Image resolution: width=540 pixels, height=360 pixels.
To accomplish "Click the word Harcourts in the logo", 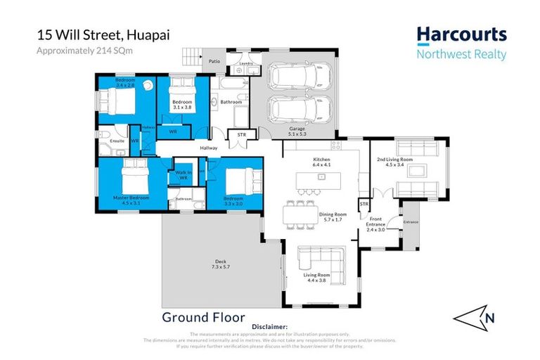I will [461, 35].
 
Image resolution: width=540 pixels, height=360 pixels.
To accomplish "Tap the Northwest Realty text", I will [461, 54].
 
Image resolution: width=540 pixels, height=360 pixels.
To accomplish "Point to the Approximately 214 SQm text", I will [75, 50].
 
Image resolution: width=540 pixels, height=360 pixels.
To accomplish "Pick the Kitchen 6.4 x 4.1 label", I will [321, 162].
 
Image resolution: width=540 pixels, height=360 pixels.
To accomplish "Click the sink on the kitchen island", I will [321, 178].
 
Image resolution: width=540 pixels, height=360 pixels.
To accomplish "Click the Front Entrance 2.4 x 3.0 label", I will [375, 226].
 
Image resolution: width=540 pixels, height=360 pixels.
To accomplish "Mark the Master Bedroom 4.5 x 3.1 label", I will [132, 200].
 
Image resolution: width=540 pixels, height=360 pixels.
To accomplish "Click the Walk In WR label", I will [183, 175].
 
